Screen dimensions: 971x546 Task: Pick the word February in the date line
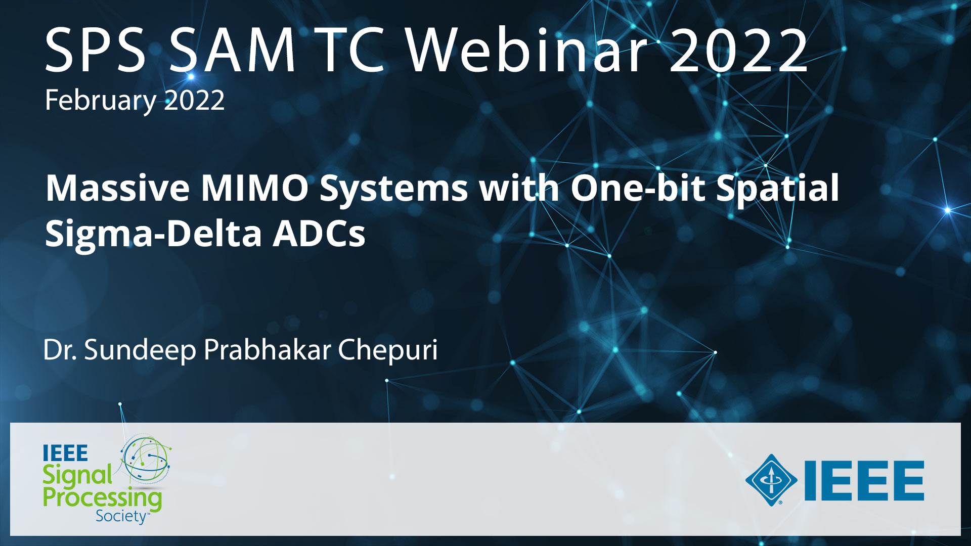pos(101,101)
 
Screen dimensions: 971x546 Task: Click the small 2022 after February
pos(194,101)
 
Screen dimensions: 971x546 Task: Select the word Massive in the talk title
pos(118,188)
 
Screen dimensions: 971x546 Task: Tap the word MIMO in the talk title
pos(255,188)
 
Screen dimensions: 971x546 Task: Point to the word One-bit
pos(638,188)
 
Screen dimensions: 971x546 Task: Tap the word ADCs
pos(319,234)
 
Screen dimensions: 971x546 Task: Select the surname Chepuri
pos(388,350)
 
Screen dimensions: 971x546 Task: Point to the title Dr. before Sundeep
pos(60,350)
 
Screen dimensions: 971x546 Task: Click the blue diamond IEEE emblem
pos(771,480)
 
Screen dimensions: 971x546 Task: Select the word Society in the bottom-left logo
pos(121,516)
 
